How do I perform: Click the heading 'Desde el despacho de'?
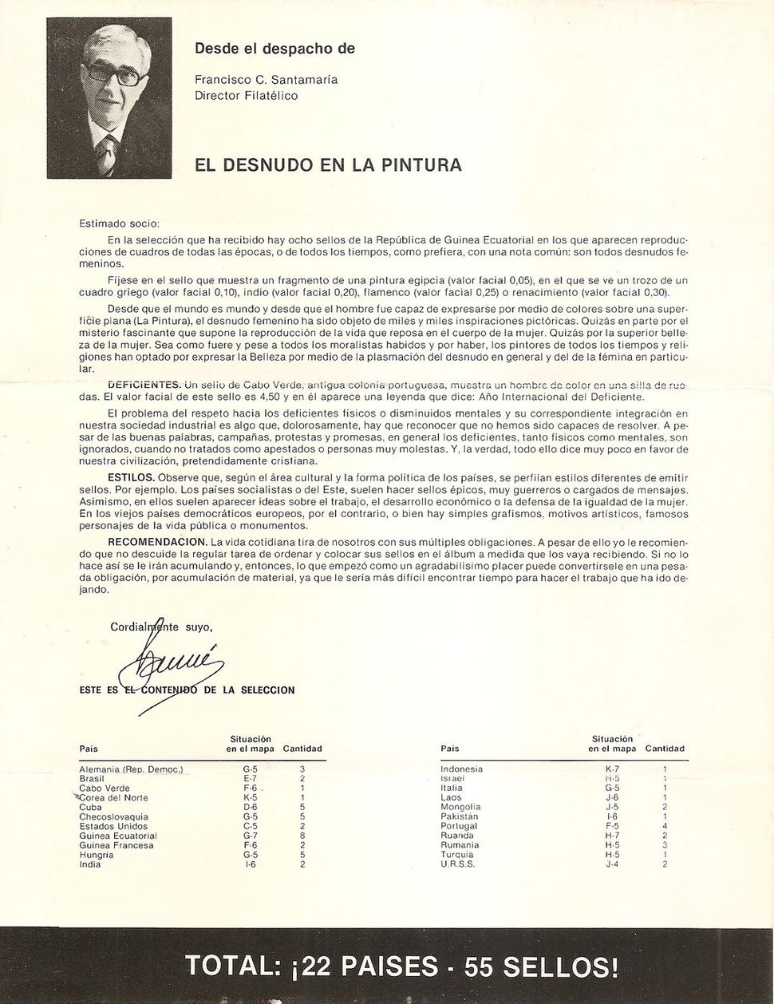274,49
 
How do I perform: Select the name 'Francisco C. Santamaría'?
266,80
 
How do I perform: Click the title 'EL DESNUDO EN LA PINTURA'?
328,166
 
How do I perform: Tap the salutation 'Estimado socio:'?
119,223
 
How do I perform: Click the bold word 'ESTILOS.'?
132,476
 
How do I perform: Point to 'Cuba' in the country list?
90,808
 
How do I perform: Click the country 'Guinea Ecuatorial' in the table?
118,836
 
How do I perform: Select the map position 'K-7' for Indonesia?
612,769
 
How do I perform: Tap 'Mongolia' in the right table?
460,808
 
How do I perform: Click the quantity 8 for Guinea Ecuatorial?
302,836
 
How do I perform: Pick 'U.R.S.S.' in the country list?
457,864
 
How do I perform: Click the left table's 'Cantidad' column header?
302,749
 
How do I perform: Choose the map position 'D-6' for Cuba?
250,808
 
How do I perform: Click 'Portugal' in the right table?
459,827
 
